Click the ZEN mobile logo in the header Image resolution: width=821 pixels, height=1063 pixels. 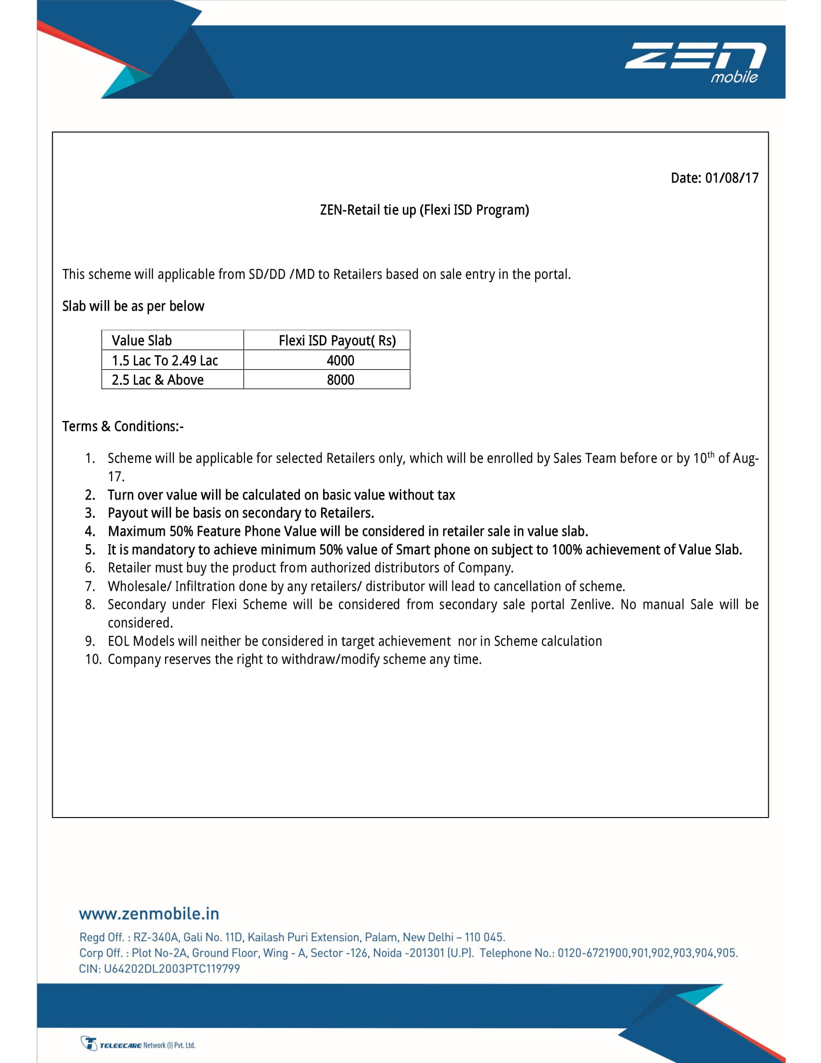point(695,62)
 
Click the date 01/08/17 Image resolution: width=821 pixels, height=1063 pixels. point(732,178)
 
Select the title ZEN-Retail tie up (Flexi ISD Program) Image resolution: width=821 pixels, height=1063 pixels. point(424,210)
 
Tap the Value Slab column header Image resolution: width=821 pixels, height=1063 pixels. point(142,341)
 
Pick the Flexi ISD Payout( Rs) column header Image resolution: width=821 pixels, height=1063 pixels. point(337,341)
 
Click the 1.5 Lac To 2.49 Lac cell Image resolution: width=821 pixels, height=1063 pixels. point(165,360)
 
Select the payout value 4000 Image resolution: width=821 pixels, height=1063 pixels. point(340,360)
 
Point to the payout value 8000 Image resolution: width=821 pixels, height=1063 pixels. point(340,380)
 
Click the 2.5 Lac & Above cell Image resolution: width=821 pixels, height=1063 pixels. point(157,380)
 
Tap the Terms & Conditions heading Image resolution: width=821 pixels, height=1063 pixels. point(123,426)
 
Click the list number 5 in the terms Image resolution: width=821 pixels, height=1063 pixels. point(90,550)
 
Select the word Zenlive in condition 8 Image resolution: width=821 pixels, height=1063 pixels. point(592,604)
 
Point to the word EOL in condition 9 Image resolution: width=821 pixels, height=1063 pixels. point(119,642)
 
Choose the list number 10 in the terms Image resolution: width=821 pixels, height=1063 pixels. point(92,660)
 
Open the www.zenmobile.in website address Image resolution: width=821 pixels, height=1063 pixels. point(149,914)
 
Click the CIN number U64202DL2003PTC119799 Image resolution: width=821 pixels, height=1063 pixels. point(172,969)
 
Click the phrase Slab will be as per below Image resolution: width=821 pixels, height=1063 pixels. point(133,306)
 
